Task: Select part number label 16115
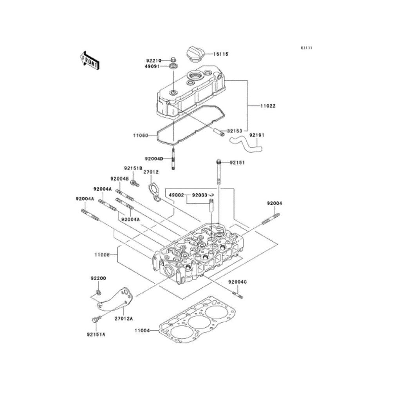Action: (221, 54)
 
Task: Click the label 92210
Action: (154, 61)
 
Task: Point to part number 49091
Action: (154, 67)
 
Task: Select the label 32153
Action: (235, 131)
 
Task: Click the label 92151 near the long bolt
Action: (237, 162)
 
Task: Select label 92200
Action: (98, 278)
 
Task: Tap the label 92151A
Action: (96, 335)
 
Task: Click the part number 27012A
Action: (124, 319)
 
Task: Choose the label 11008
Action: (102, 255)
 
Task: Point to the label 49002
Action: (177, 195)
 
